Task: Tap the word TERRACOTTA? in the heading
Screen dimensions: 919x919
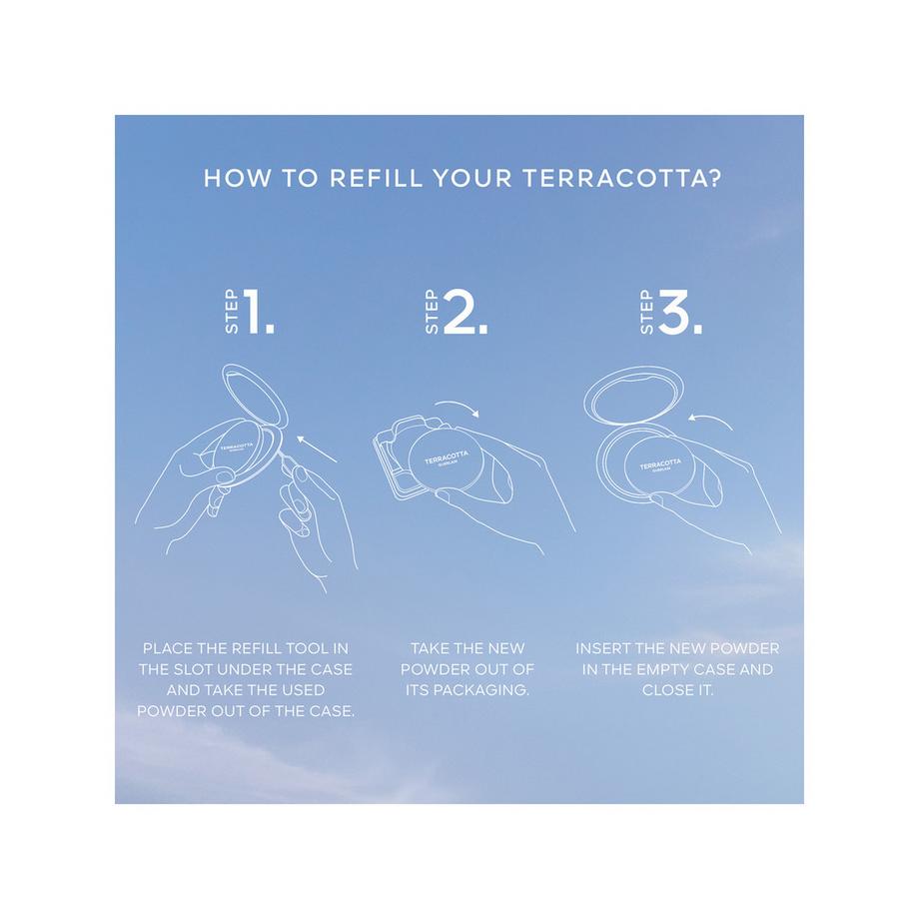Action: (621, 178)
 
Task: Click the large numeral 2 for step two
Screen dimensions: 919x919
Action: (464, 312)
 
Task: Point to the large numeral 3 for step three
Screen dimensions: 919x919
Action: (680, 312)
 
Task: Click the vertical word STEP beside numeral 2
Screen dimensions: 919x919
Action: (431, 312)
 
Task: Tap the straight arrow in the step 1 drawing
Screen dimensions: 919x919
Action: (317, 449)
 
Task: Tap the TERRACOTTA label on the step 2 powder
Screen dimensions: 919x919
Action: (447, 457)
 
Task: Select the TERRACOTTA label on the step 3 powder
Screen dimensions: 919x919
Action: (660, 464)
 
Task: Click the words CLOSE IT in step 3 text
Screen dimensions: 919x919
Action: (677, 690)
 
